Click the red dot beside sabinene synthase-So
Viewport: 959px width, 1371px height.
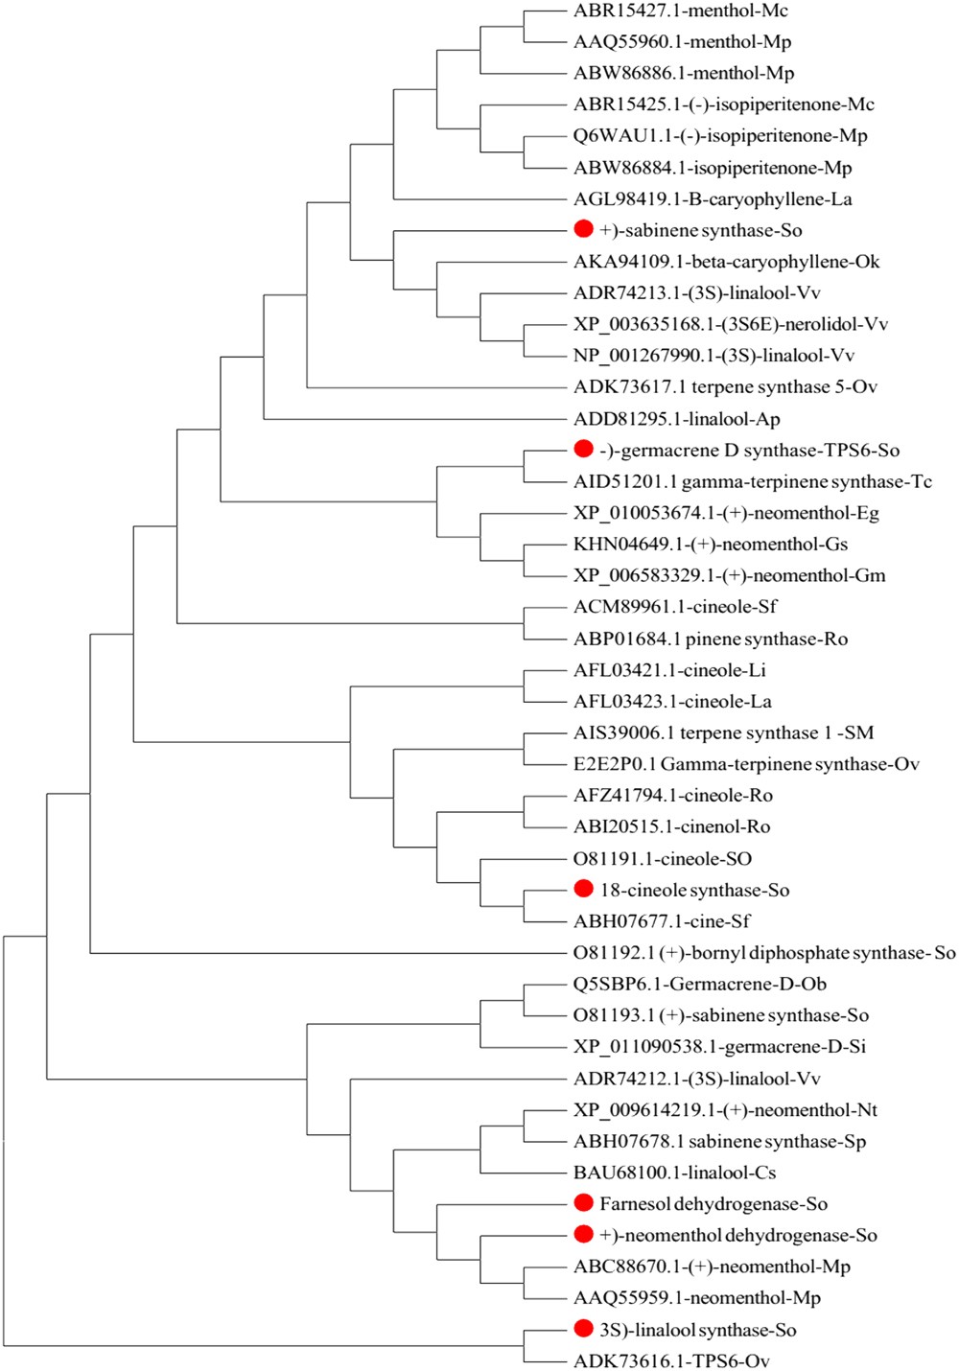pyautogui.click(x=583, y=229)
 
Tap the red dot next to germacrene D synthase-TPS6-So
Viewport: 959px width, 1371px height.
pyautogui.click(x=583, y=449)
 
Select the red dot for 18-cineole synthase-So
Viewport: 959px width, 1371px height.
pyautogui.click(x=583, y=889)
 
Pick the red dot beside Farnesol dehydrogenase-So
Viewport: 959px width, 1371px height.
pyautogui.click(x=583, y=1202)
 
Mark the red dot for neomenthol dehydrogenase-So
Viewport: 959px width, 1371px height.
pyautogui.click(x=583, y=1234)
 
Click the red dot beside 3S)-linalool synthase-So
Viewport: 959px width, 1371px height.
pyautogui.click(x=583, y=1328)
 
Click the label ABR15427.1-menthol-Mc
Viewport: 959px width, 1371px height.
pyautogui.click(x=680, y=11)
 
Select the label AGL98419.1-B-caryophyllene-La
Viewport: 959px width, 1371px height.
pyautogui.click(x=713, y=199)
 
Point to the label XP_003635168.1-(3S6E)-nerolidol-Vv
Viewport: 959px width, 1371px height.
pyautogui.click(x=730, y=324)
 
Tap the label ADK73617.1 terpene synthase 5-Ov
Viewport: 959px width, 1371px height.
pyautogui.click(x=725, y=387)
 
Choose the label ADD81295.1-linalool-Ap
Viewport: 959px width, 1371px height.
pyautogui.click(x=676, y=419)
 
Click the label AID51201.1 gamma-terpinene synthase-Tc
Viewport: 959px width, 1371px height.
pyautogui.click(x=752, y=481)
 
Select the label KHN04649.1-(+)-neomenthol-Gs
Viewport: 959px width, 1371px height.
pyautogui.click(x=711, y=545)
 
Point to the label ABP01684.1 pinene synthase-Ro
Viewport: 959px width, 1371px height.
pyautogui.click(x=711, y=639)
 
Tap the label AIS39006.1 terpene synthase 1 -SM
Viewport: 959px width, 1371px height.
pyautogui.click(x=723, y=733)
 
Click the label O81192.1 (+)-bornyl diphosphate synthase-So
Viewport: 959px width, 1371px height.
pyautogui.click(x=763, y=953)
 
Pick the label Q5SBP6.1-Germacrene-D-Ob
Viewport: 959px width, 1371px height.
pyautogui.click(x=699, y=985)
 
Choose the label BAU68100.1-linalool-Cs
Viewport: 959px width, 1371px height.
pyautogui.click(x=674, y=1173)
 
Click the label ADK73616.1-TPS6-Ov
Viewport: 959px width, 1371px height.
pyautogui.click(x=671, y=1360)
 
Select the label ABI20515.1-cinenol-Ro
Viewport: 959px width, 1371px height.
pyautogui.click(x=671, y=826)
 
